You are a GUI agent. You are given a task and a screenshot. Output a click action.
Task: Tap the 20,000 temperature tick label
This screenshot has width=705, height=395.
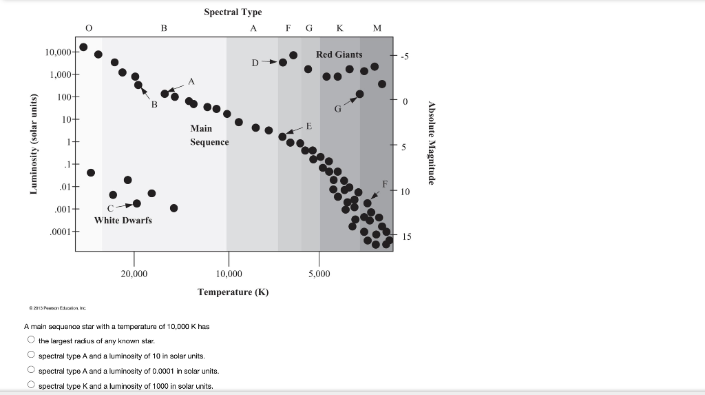pos(134,274)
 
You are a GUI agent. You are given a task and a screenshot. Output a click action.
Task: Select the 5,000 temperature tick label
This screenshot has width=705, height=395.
pos(318,274)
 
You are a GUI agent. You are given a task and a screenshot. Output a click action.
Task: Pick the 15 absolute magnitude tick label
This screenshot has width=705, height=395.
pos(407,236)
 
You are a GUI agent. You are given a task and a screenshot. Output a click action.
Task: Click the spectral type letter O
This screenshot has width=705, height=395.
pos(88,28)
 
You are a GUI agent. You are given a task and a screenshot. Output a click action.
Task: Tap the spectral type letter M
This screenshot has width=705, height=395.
pos(377,28)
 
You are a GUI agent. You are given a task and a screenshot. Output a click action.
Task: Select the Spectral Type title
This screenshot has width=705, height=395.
pos(233,12)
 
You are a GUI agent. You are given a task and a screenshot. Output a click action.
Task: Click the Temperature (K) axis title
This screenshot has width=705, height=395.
pos(233,292)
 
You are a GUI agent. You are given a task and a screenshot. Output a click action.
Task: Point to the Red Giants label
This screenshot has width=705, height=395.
pos(339,54)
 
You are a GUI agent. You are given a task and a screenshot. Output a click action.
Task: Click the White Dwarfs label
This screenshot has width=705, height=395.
pos(123,220)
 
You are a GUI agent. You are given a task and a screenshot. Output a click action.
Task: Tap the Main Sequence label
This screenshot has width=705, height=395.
pos(209,135)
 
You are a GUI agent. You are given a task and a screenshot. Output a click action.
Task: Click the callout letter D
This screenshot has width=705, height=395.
pos(255,63)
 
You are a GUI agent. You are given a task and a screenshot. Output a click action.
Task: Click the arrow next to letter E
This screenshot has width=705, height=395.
pos(294,131)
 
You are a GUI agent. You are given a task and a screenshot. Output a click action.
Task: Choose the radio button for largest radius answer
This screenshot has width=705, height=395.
pos(31,341)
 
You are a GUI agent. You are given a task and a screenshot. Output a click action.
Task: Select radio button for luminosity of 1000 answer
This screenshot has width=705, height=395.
pos(31,385)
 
